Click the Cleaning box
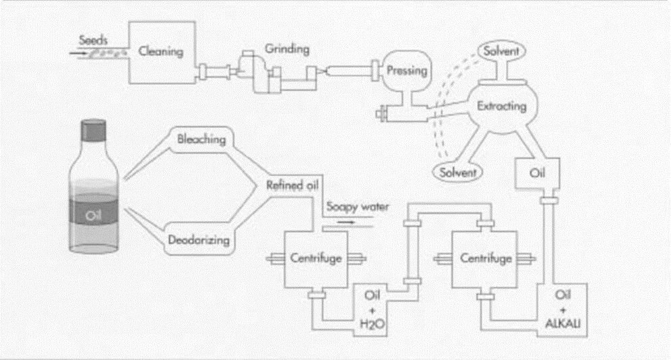(161, 52)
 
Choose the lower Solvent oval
(457, 172)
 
